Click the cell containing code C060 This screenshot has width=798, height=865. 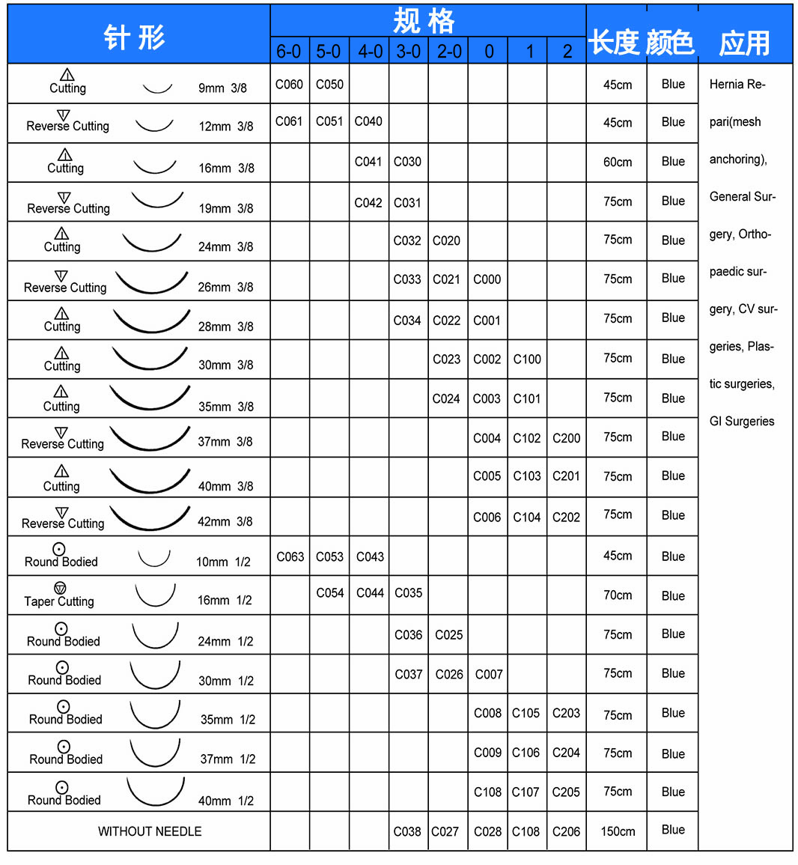289,85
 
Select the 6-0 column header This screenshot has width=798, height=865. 289,52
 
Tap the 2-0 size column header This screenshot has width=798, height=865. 449,52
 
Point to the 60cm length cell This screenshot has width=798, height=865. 618,162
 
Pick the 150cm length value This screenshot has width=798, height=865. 618,831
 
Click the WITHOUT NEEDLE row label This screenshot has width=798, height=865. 150,831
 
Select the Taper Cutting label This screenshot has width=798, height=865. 59,601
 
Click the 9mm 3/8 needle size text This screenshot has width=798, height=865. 222,88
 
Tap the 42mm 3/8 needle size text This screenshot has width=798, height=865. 225,521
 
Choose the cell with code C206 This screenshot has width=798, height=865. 566,831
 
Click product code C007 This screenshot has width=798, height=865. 489,674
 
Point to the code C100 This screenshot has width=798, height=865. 527,359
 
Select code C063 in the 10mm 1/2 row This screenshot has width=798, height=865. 290,556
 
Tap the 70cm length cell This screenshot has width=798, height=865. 618,595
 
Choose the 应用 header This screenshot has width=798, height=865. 744,43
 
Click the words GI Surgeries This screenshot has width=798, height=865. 742,421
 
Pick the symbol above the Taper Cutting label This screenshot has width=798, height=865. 60,588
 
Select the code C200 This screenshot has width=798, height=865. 566,438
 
